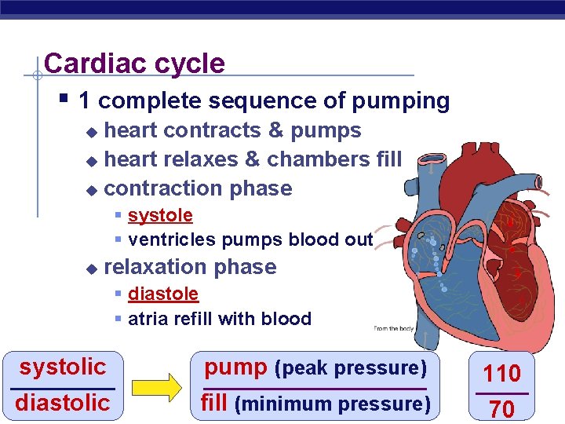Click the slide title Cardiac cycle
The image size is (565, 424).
coord(134,63)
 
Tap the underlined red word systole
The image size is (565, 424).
coord(160,215)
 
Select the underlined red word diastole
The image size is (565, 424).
coord(163,294)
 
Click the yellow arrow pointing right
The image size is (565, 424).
coord(155,386)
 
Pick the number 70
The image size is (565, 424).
coord(502,408)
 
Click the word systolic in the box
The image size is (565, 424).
coord(63,367)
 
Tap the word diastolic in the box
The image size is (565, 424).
coord(63,403)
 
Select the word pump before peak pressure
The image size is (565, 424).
coord(236,367)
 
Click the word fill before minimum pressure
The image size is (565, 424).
coord(214,403)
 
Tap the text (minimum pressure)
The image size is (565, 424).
coord(333,404)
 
